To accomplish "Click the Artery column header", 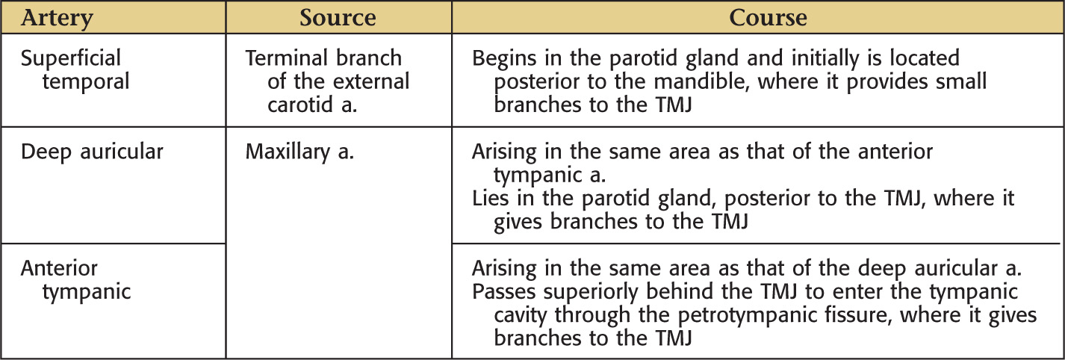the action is click(57, 18).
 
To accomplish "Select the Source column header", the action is click(338, 17).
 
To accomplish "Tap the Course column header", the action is click(768, 17).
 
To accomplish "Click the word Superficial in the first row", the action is click(71, 58).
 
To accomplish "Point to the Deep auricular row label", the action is click(92, 152).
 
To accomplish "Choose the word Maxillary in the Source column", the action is click(288, 152).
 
